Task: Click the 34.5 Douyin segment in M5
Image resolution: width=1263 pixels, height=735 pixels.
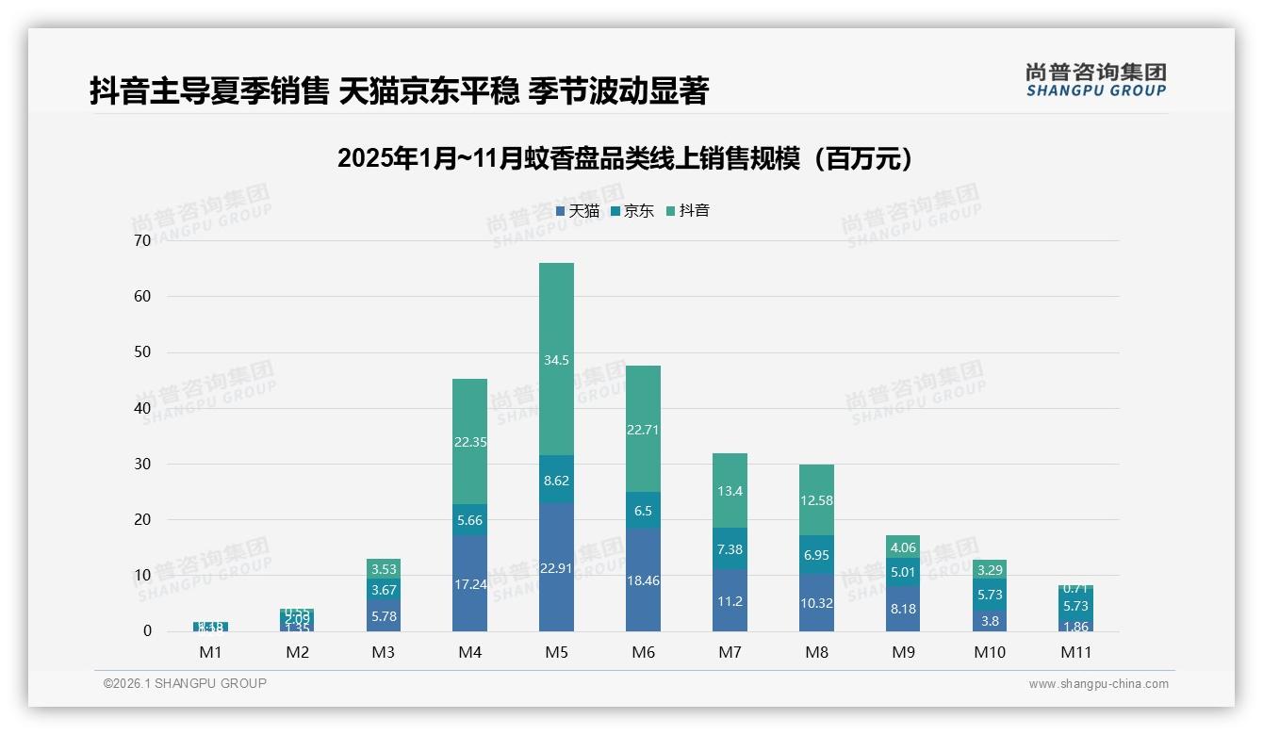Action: (556, 360)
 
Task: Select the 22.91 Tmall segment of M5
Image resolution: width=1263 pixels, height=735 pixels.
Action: (556, 567)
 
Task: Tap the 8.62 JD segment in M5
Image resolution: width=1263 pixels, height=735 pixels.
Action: (556, 480)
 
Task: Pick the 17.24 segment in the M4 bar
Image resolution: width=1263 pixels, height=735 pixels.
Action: (469, 583)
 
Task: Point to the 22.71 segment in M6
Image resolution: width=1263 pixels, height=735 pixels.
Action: (643, 429)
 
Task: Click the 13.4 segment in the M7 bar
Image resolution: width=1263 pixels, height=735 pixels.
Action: (730, 490)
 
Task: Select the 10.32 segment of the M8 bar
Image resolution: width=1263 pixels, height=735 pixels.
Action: (816, 602)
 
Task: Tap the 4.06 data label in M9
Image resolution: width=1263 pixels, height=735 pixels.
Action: (903, 547)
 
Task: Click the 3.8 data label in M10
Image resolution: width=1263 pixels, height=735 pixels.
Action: (990, 621)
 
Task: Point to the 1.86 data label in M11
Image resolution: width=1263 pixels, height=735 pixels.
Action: (1075, 627)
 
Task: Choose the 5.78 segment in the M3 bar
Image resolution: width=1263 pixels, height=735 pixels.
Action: (383, 615)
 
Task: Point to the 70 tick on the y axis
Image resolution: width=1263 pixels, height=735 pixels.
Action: (142, 240)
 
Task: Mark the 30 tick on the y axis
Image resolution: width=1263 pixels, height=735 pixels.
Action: (142, 464)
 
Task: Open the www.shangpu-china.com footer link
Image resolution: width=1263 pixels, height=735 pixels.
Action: (1098, 684)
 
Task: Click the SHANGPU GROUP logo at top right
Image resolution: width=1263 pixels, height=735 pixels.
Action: (1095, 80)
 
